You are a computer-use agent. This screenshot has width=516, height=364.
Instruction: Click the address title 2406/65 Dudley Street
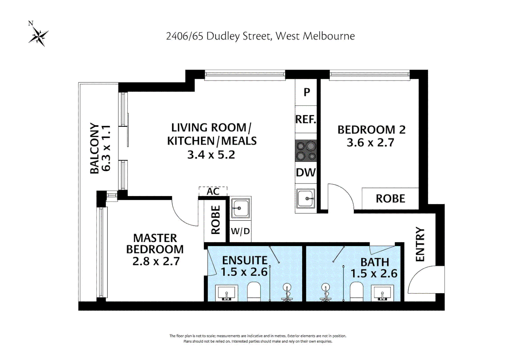[x=260, y=36]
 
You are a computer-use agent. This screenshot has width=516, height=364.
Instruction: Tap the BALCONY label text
[x=95, y=148]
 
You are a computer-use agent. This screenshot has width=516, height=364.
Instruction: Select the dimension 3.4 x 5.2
[x=211, y=155]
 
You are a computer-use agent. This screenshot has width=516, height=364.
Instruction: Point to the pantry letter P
[x=307, y=92]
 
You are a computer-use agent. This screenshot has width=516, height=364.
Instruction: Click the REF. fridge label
[x=306, y=119]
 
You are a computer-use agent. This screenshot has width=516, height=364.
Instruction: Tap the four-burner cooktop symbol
[x=306, y=151]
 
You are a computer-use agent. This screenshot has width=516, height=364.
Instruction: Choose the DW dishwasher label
[x=306, y=173]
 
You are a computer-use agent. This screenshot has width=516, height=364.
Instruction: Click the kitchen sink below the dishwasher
[x=306, y=199]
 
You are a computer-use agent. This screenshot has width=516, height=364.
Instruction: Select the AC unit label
[x=213, y=191]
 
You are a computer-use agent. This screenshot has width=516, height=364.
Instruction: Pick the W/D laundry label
[x=240, y=231]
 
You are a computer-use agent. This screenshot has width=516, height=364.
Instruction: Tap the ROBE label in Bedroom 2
[x=390, y=199]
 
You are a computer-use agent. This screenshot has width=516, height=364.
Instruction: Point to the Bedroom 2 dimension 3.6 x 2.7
[x=370, y=143]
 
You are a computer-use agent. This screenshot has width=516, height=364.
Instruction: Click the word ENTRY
[x=420, y=244]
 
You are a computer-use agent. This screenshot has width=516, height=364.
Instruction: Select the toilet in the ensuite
[x=254, y=292]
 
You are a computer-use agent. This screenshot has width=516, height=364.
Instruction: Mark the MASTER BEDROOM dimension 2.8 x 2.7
[x=156, y=261]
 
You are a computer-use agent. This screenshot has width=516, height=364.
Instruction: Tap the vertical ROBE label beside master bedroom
[x=215, y=220]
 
